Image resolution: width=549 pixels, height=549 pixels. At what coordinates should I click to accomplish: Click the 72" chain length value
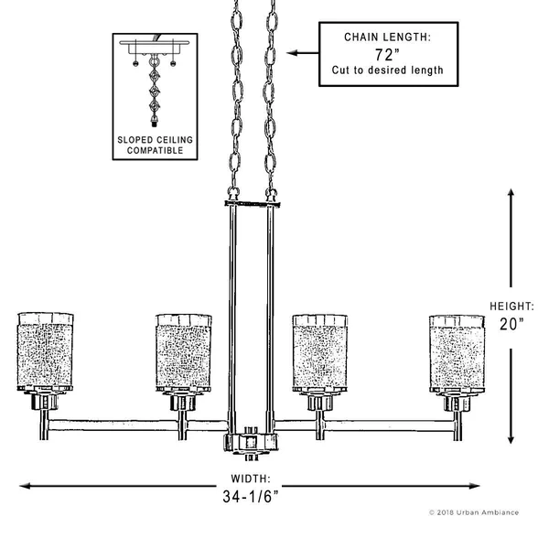point(387,55)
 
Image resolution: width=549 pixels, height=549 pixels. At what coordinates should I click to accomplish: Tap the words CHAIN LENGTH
point(387,38)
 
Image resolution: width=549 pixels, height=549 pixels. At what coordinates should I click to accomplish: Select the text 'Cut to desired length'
point(388,70)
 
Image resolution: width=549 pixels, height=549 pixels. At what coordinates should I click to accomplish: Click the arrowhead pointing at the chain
point(292,53)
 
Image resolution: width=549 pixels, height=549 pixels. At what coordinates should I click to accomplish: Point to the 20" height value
point(511,324)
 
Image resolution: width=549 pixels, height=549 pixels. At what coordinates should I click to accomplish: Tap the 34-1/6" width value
point(251,496)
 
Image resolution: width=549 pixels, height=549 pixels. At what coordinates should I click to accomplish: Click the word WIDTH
point(251,479)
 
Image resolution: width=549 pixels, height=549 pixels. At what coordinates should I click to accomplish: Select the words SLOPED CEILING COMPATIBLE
point(156,145)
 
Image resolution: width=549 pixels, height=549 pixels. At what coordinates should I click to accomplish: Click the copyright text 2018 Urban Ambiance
point(474,512)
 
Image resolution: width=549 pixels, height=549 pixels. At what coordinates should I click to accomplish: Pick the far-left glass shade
point(45,352)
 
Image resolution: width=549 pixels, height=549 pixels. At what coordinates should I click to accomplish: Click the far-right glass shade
point(457,353)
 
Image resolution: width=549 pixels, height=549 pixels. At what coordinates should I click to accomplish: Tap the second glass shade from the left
point(184,353)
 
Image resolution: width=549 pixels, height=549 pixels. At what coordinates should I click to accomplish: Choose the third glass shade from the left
point(320,353)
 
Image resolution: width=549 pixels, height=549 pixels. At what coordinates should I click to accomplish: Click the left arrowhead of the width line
point(25,486)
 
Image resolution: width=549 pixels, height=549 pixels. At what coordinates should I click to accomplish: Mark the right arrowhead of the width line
point(474,486)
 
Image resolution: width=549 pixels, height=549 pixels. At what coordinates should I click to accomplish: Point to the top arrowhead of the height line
point(511,194)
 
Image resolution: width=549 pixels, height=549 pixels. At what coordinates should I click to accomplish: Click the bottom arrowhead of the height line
point(511,438)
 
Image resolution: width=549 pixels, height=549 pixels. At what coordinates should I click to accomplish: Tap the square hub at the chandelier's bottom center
point(251,443)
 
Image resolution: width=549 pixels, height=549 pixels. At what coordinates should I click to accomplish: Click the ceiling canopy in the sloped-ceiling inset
point(155,47)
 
